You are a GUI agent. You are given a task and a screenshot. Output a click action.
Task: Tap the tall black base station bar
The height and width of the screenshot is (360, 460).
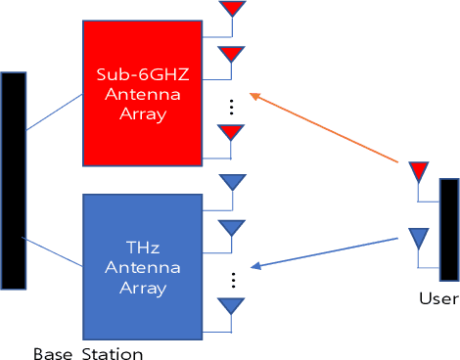pyautogui.click(x=13, y=180)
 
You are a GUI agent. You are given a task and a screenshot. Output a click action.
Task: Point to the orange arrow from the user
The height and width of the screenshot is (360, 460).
pyautogui.click(x=323, y=127)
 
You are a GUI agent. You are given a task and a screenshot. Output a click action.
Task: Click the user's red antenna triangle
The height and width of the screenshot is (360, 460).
pyautogui.click(x=418, y=172)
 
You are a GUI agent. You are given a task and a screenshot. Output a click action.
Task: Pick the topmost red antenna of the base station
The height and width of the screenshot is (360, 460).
pyautogui.click(x=231, y=9)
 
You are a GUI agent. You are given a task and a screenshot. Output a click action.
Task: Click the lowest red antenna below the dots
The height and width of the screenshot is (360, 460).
pyautogui.click(x=231, y=131)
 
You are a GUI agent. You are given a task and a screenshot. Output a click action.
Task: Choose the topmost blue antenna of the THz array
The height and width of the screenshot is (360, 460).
pyautogui.click(x=231, y=182)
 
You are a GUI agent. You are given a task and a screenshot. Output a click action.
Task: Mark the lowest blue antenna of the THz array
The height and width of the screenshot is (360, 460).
pyautogui.click(x=231, y=305)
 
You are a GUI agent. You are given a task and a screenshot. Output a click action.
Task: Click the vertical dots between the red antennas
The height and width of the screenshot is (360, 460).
pyautogui.click(x=232, y=105)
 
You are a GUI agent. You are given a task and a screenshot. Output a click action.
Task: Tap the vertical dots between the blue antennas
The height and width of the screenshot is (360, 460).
pyautogui.click(x=232, y=279)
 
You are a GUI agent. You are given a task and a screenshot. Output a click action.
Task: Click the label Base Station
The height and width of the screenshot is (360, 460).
pyautogui.click(x=88, y=352)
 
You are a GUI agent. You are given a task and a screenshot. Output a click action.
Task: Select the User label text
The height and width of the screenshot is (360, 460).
pyautogui.click(x=437, y=299)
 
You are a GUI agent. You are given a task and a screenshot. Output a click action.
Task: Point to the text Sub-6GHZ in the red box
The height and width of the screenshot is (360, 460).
pyautogui.click(x=141, y=74)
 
